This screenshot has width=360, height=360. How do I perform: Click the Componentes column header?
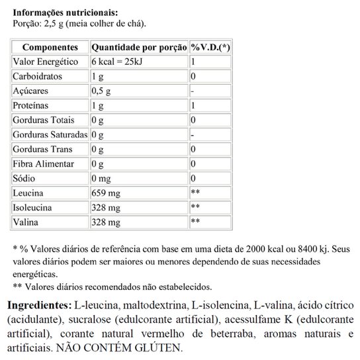pos(50,48)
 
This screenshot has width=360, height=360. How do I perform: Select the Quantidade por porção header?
pos(138,48)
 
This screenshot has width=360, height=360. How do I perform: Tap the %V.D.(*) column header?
pos(210,48)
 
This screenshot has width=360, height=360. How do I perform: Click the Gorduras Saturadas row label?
pos(49,135)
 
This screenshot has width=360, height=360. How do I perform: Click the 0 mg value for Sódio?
pos(102,179)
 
